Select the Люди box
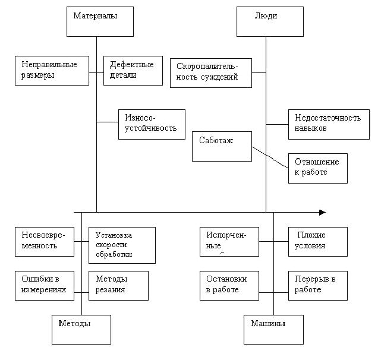[265, 21]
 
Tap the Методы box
[81, 329]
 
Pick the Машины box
[273, 329]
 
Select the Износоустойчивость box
[151, 124]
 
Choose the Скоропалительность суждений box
[210, 72]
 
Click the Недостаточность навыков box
[328, 124]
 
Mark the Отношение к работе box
[317, 168]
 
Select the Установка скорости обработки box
[122, 245]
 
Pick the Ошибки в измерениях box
[44, 285]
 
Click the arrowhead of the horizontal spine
[323, 212]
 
